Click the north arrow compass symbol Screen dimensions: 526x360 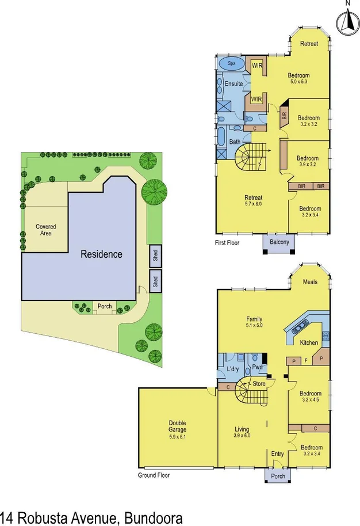[347, 21]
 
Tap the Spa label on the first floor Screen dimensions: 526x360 [232, 63]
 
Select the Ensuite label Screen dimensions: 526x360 [233, 84]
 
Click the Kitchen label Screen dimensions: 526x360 [309, 343]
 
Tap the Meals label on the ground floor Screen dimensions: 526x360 [310, 282]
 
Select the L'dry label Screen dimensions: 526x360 [232, 368]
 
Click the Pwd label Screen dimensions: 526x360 [257, 367]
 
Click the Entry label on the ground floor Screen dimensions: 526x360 [278, 454]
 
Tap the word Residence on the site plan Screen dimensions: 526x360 [101, 254]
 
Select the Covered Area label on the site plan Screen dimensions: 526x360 [46, 230]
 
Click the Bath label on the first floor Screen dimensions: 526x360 [235, 142]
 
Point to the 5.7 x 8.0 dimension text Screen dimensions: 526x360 [254, 204]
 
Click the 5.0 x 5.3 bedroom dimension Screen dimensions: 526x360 [299, 82]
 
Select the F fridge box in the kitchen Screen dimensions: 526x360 [305, 361]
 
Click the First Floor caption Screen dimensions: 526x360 [227, 243]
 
